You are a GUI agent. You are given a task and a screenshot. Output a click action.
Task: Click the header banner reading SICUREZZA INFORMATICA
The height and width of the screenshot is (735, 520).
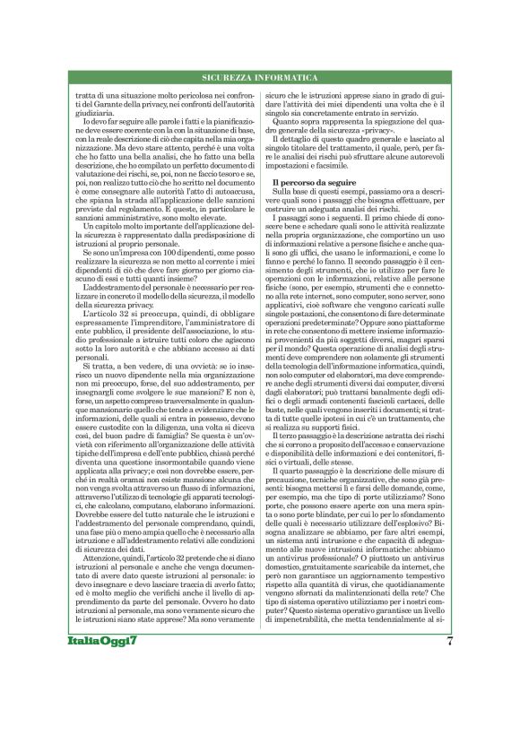coord(260,78)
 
